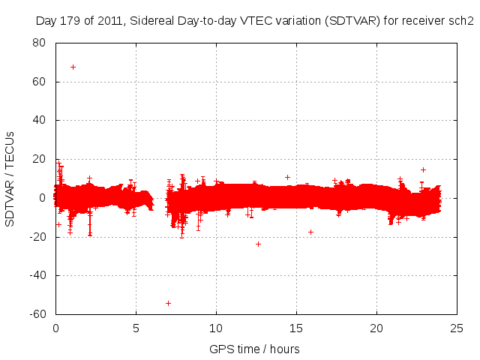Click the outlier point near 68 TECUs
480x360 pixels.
click(73, 67)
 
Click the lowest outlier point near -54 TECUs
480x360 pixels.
click(168, 303)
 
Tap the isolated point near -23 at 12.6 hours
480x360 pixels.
click(258, 244)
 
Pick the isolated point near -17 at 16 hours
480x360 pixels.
click(310, 232)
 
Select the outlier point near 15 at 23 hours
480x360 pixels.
click(423, 169)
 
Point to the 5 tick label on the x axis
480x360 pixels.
click(136, 328)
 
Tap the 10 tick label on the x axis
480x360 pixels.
click(216, 328)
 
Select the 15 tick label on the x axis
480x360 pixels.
click(296, 328)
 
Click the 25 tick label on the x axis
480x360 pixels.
click(457, 328)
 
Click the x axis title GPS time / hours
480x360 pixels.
click(254, 349)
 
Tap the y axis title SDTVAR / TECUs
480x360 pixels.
click(10, 178)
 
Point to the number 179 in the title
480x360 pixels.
click(70, 20)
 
